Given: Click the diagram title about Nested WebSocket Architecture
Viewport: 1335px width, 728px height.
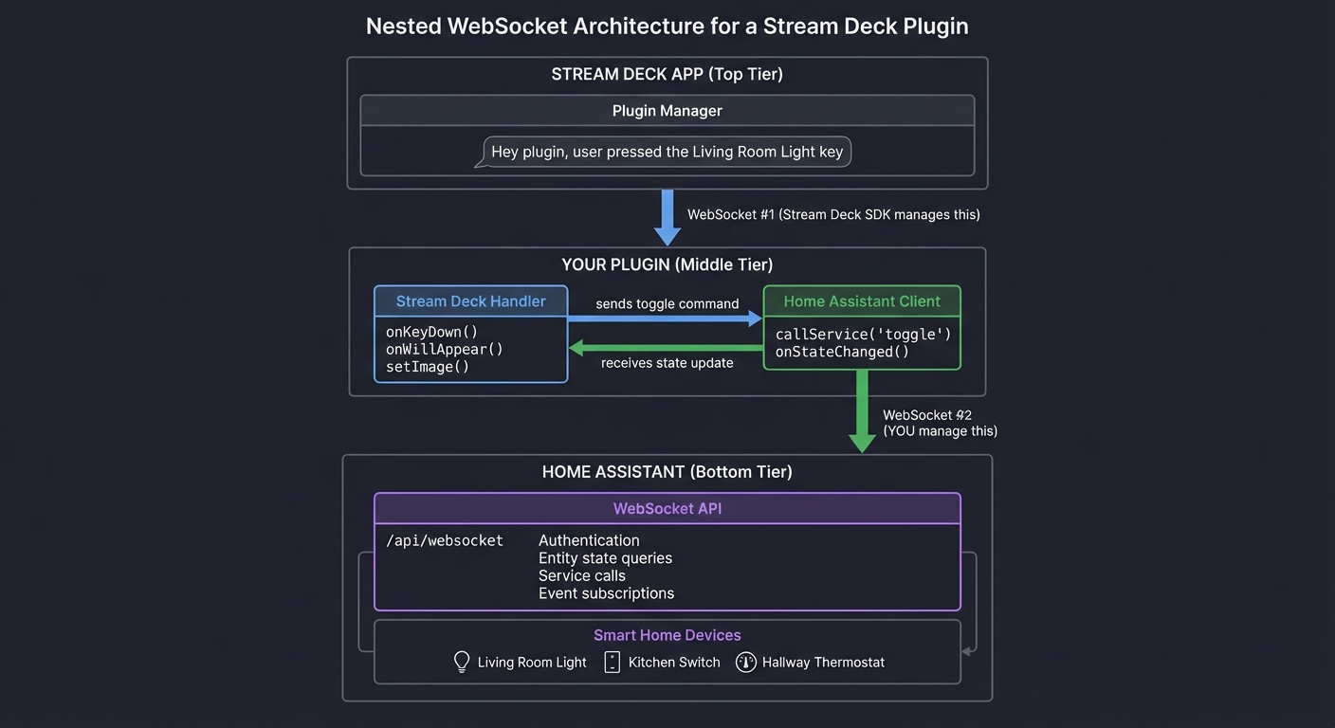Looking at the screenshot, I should [667, 26].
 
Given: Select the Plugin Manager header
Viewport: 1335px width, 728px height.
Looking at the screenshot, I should [667, 111].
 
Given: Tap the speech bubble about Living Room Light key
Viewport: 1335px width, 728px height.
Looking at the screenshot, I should [667, 152].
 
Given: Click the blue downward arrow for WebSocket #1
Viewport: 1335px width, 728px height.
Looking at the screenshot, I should [667, 217].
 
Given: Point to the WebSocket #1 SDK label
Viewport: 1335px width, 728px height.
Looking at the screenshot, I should [833, 215].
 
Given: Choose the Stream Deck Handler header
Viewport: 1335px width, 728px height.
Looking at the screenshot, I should [470, 301].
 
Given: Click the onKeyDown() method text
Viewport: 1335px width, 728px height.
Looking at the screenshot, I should [431, 332].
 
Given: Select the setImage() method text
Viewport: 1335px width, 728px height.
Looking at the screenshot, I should [428, 367].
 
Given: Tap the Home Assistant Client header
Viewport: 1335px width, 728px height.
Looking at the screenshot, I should [862, 301].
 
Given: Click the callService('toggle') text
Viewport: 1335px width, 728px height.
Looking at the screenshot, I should [863, 335].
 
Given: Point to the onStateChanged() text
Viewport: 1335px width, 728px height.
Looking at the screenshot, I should [842, 352].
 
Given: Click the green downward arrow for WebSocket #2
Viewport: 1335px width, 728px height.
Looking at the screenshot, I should [862, 410].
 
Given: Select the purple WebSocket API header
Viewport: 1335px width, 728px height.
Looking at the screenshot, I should [667, 509].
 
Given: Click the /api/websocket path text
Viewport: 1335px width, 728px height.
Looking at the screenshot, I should [444, 540].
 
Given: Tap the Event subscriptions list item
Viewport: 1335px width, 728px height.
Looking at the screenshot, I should [606, 593].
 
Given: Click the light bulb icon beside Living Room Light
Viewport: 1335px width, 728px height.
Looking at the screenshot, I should [462, 662].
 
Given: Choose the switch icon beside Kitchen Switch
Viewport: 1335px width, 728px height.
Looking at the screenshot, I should [612, 662].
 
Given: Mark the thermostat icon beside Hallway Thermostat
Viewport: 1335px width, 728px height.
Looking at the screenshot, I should [746, 662].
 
